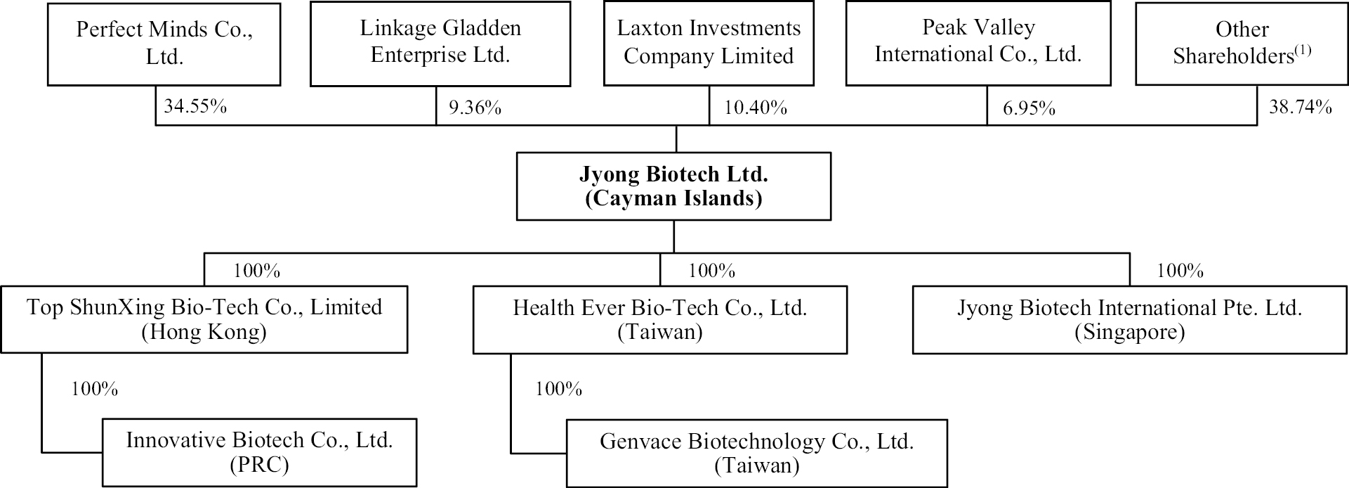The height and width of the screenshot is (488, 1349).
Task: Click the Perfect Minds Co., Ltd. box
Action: coord(164,44)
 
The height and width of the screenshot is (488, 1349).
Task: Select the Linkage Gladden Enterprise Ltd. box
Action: coord(440,44)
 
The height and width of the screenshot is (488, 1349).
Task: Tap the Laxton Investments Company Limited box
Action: coord(709,44)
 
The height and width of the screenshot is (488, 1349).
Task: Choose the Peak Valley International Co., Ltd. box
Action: coord(978,44)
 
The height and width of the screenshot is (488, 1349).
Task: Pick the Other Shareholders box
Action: coord(1242,44)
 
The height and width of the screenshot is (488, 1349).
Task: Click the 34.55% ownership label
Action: coord(195,107)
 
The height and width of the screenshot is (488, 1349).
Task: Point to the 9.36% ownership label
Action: coord(475,108)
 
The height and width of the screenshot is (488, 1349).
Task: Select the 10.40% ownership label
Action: coord(756,108)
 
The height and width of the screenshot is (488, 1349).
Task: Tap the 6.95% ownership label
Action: coord(1029,108)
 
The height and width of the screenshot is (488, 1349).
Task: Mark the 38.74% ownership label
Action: coord(1300,107)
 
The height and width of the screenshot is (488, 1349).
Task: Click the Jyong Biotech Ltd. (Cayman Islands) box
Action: coord(673,186)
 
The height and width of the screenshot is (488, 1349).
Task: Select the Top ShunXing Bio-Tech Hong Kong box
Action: coord(204,319)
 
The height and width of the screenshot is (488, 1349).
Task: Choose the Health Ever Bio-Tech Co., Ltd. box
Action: coord(660,319)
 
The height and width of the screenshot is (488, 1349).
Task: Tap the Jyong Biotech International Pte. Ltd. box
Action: coord(1130,319)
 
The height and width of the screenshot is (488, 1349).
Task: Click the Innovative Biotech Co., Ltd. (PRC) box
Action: coord(260,453)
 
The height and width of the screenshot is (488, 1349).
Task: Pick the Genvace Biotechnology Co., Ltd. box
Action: coord(757,454)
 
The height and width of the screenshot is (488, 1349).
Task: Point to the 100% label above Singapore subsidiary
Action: coord(1180,271)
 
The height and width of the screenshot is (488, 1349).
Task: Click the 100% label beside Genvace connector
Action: coord(559,389)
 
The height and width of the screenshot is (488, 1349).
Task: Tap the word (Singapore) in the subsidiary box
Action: coord(1130,332)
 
